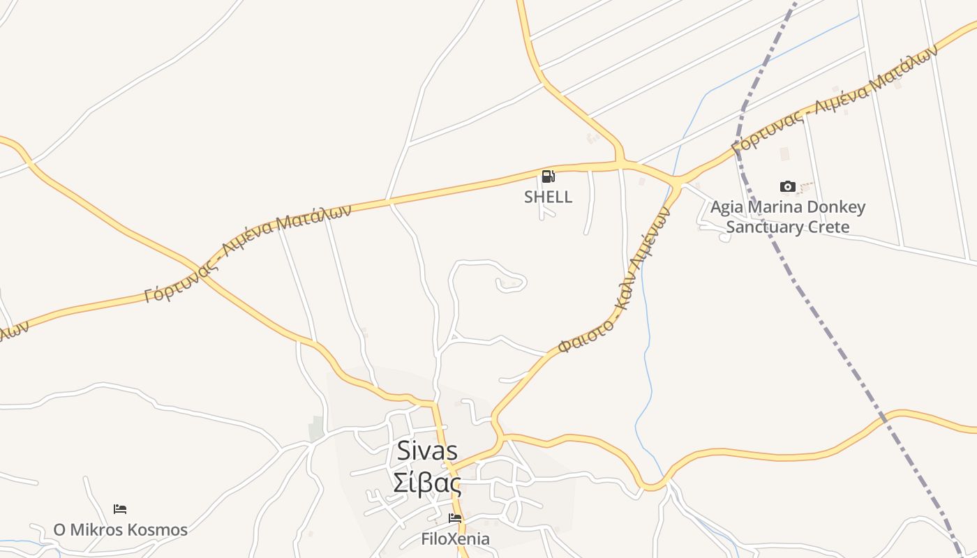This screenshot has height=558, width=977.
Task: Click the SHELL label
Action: (548, 197)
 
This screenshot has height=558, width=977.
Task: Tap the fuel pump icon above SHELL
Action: (549, 176)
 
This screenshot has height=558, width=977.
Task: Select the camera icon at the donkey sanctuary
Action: (788, 186)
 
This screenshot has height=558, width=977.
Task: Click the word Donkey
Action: (836, 207)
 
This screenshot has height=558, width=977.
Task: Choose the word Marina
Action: (776, 207)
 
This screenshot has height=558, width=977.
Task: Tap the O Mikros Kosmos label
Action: (120, 530)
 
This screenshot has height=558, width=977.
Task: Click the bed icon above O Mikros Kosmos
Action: (120, 509)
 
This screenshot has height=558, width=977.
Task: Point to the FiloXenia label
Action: (455, 539)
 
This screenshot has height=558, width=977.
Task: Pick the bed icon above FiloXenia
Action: (455, 518)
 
